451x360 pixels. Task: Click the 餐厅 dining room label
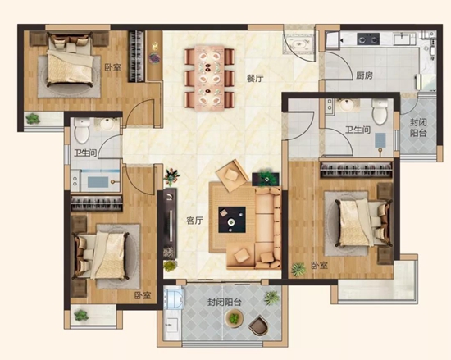coord(255,78)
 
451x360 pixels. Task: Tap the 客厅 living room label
coord(194,221)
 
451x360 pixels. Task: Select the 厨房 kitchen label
coord(364,75)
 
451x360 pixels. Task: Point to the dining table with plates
coord(209,78)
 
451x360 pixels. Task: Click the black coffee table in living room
coord(232,220)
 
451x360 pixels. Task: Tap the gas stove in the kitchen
coord(368,39)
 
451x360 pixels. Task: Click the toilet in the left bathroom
coord(82,130)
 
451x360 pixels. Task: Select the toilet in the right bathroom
coord(380,112)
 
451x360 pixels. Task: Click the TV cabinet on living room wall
coord(170,223)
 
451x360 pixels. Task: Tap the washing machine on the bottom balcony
coord(174,299)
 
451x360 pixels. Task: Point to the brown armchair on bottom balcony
coord(258,325)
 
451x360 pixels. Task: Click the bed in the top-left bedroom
coord(71,60)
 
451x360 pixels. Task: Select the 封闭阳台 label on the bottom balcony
coord(225,303)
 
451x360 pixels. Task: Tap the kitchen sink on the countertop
coord(404,39)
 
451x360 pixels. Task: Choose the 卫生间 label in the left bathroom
coord(85,153)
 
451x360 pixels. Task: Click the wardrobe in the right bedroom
coord(356,170)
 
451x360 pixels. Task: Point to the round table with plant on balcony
coord(235,318)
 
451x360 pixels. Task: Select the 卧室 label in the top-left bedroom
coord(113,68)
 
